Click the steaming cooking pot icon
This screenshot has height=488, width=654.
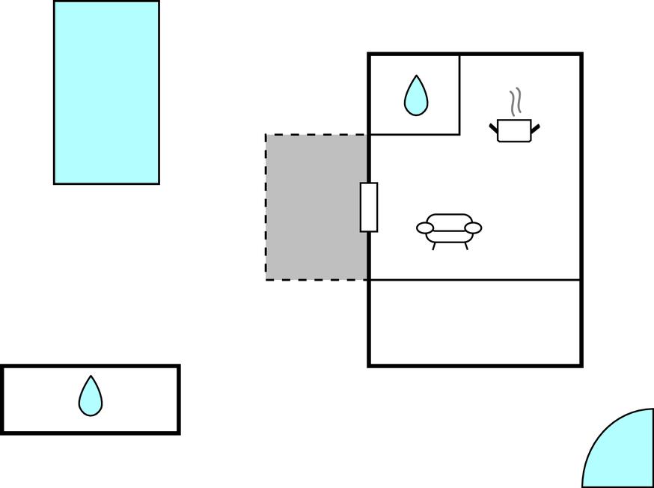(x=514, y=129)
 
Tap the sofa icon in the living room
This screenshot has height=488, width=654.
(x=449, y=228)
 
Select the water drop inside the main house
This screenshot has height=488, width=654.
(x=416, y=96)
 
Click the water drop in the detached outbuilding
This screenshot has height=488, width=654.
(x=91, y=396)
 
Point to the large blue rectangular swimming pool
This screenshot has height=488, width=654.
(x=106, y=92)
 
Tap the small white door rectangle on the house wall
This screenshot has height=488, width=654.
(x=369, y=207)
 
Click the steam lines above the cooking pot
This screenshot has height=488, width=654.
(x=515, y=101)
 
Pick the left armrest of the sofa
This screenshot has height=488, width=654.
(x=425, y=227)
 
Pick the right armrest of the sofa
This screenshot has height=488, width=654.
(x=473, y=227)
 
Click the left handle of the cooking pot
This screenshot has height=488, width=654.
(x=494, y=129)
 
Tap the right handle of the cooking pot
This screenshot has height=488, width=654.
(x=534, y=129)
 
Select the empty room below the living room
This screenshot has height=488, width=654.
(x=474, y=323)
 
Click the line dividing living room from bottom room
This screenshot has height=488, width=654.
(x=474, y=280)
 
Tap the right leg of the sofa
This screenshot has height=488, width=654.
(x=465, y=245)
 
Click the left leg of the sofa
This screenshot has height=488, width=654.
(x=434, y=245)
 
